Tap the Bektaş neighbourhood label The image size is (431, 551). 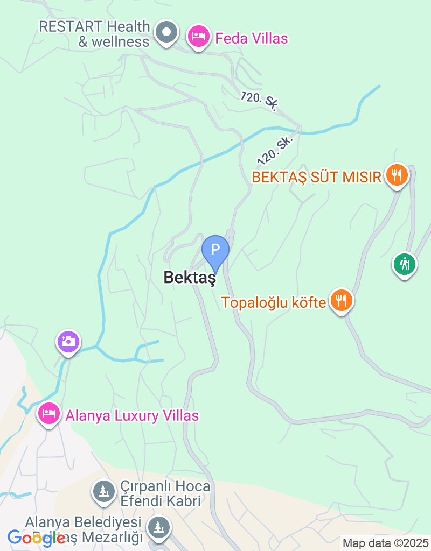[190, 278]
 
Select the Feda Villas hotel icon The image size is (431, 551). [199, 37]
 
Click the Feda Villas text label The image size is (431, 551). [251, 38]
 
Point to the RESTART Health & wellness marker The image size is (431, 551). [166, 33]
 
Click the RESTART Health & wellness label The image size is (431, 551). [95, 33]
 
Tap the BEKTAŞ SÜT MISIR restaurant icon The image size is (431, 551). [397, 175]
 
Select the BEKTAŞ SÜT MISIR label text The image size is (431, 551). [317, 176]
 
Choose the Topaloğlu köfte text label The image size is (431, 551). [274, 302]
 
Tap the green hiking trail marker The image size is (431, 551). [404, 264]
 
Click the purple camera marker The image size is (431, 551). [68, 342]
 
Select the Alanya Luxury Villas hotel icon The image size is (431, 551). [49, 414]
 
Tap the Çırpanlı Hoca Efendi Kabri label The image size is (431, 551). [160, 493]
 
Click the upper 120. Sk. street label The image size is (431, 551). [259, 101]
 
